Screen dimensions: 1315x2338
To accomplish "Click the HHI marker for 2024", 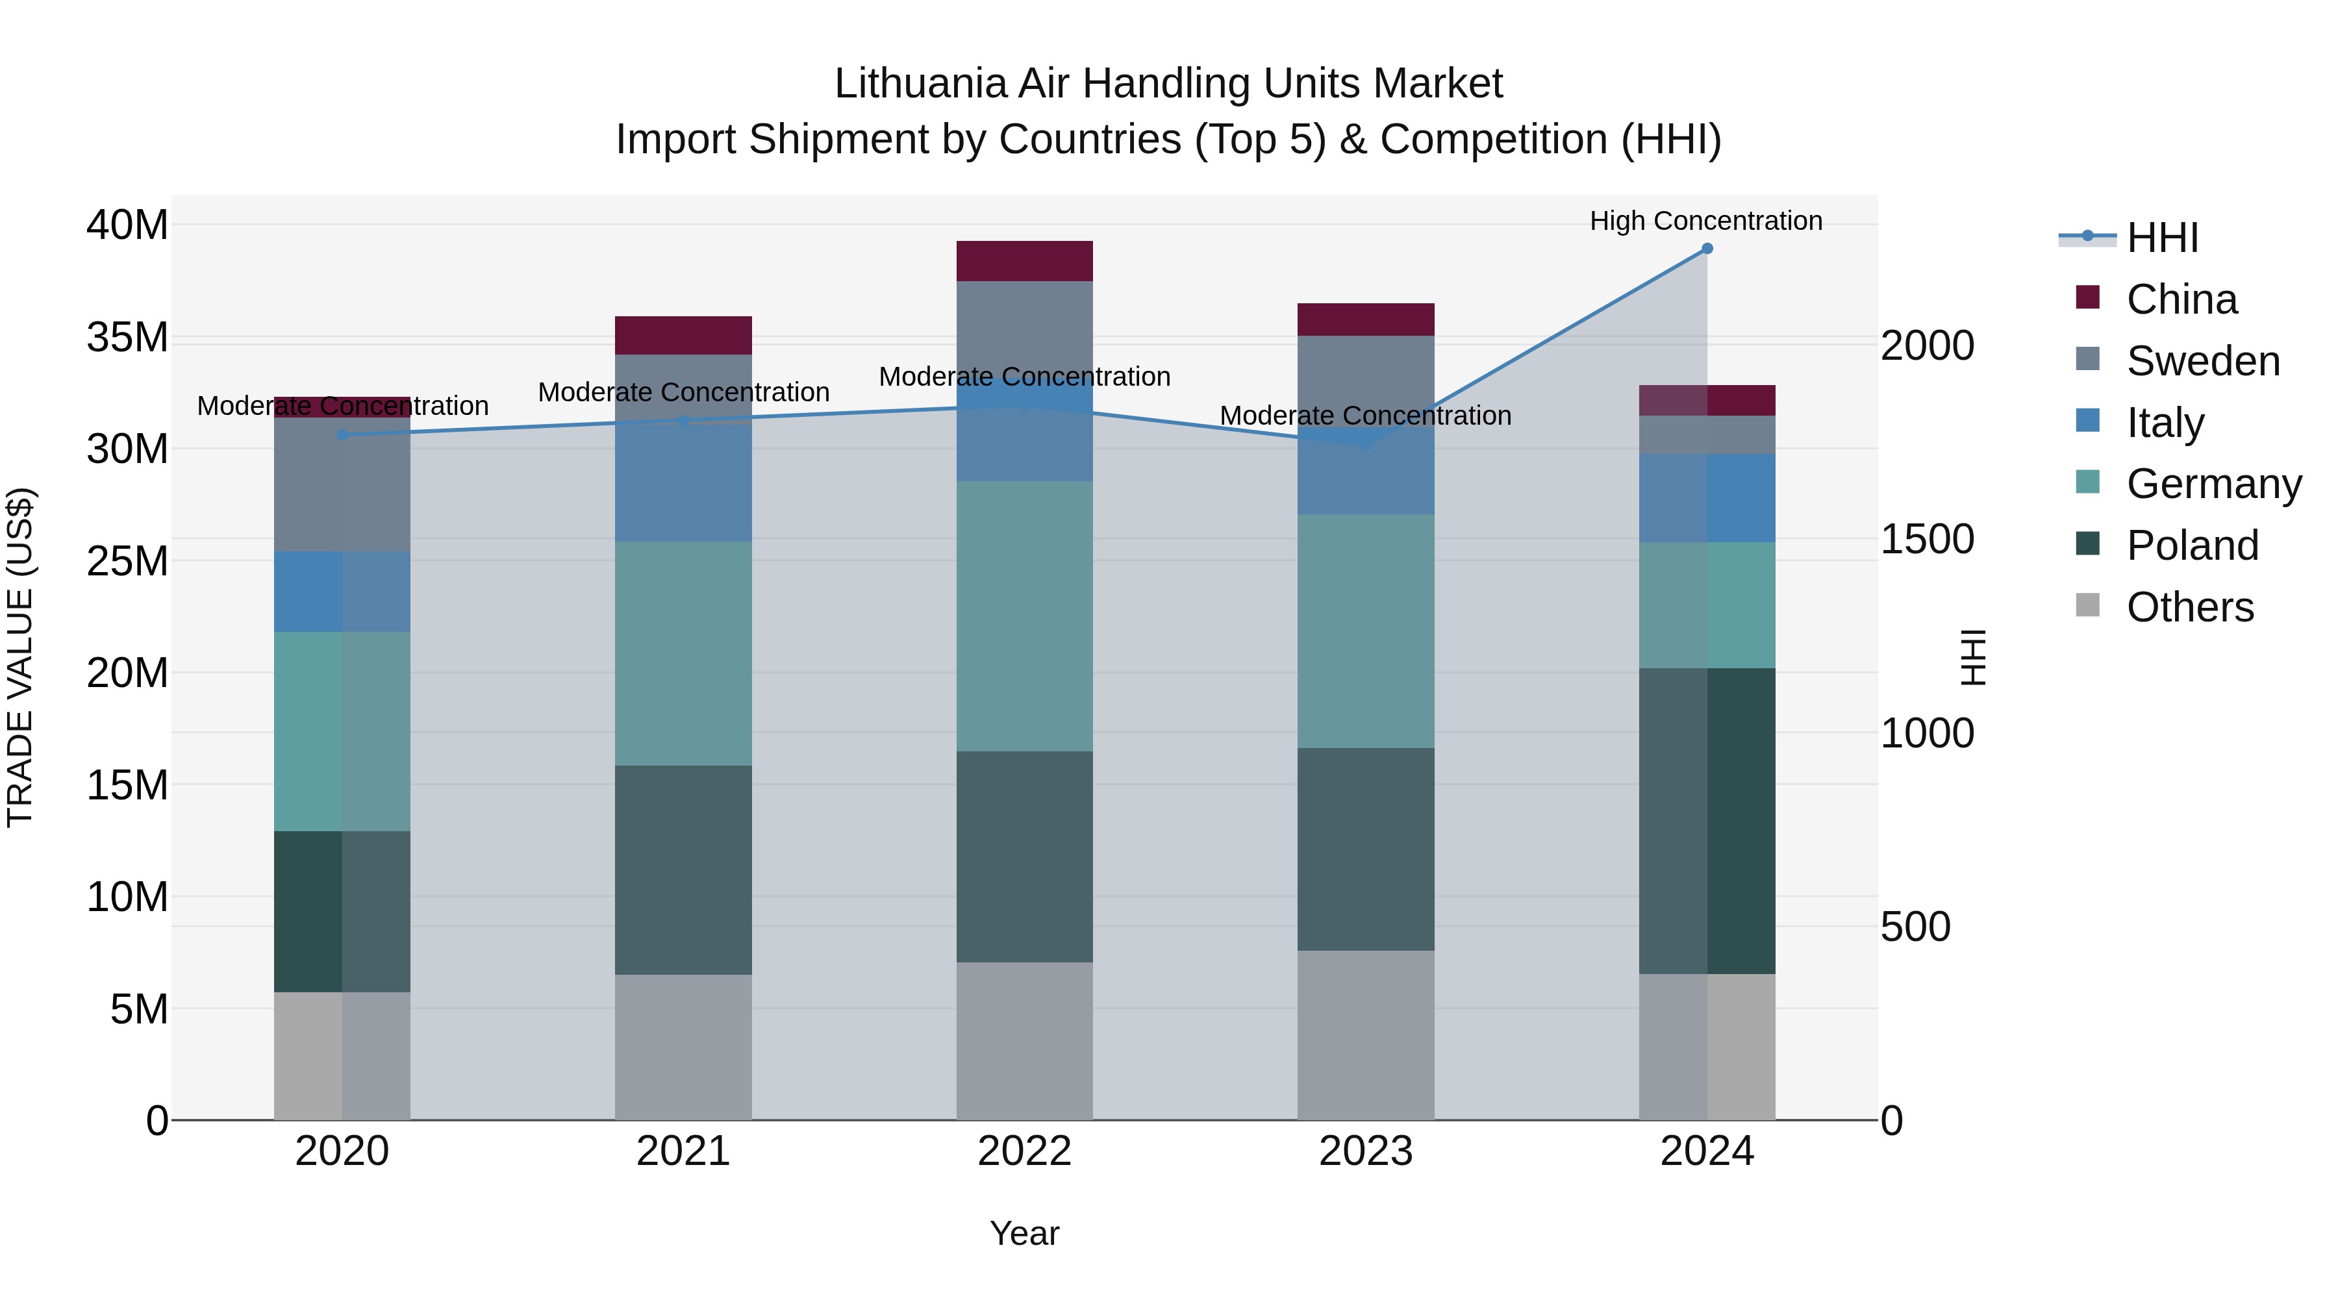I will (1706, 249).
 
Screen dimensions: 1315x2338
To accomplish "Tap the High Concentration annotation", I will (1705, 221).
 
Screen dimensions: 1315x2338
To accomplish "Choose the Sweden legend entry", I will (2203, 361).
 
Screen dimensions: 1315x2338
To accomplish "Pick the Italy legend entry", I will (2165, 423).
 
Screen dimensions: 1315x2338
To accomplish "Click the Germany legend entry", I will (2214, 484).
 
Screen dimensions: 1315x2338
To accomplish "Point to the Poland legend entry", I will (2192, 545).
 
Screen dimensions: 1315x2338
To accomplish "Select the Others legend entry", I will (2189, 607).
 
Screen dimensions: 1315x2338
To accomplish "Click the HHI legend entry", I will (2162, 238).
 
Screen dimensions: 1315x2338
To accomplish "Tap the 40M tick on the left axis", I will (127, 225).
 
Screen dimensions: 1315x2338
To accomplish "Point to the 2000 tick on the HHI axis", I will (1927, 345).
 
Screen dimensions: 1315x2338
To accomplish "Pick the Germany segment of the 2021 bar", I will (683, 653).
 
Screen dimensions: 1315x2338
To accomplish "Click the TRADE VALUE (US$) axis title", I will (20, 657).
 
